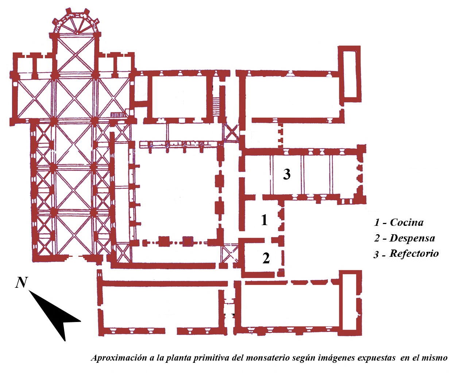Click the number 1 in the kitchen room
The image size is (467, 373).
point(264,220)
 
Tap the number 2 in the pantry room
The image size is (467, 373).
point(266,258)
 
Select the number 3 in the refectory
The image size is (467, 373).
point(287,174)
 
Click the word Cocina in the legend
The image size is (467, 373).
point(406,222)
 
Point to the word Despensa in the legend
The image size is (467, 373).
point(412,238)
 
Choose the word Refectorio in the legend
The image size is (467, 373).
point(414,254)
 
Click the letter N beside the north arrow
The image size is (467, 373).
point(22,282)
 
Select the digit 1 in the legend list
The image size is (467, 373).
point(377,223)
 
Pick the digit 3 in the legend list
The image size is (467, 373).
point(376,254)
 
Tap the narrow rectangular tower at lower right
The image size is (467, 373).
point(352,302)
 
